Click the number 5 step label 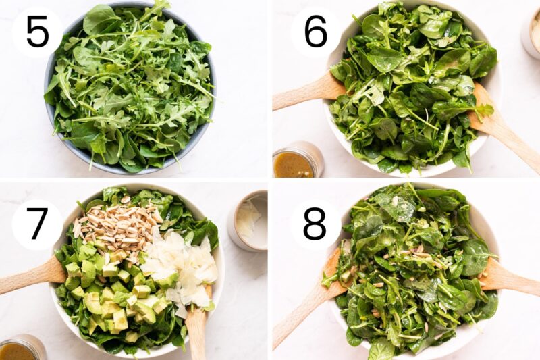tap(37, 32)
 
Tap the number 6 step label tap(315, 32)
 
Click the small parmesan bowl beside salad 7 tap(249, 220)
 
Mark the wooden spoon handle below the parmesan tap(196, 331)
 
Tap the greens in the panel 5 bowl tap(128, 88)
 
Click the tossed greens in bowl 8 tap(412, 270)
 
